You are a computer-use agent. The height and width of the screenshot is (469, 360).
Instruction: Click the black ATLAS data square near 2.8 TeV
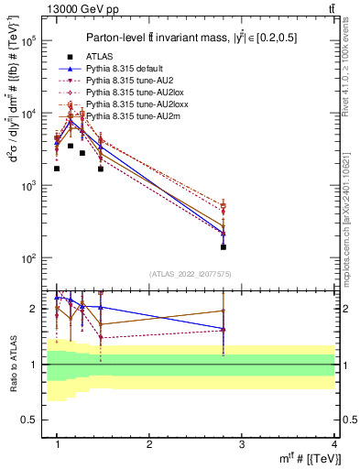224,247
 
